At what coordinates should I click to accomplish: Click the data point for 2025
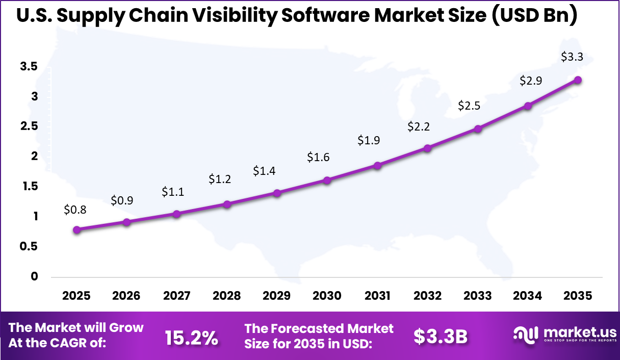pyautogui.click(x=76, y=230)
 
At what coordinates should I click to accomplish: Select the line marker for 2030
pyautogui.click(x=327, y=180)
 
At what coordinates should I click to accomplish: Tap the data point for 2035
pyautogui.click(x=578, y=80)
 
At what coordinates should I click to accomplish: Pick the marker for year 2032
pyautogui.click(x=427, y=148)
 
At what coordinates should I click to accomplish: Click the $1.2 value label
pyautogui.click(x=220, y=179)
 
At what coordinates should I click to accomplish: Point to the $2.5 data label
pyautogui.click(x=469, y=106)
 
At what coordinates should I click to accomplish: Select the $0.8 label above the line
pyautogui.click(x=75, y=209)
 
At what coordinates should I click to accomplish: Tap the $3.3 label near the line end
pyautogui.click(x=572, y=57)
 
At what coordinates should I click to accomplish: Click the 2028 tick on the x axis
pyautogui.click(x=227, y=296)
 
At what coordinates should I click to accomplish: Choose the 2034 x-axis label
pyautogui.click(x=528, y=296)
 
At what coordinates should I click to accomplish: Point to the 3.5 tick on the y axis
pyautogui.click(x=29, y=66)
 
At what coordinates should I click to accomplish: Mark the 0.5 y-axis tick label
pyautogui.click(x=29, y=246)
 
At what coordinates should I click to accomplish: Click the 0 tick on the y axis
pyautogui.click(x=34, y=276)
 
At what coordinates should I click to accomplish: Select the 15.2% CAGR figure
pyautogui.click(x=191, y=337)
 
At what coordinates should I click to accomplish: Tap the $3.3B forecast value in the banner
pyautogui.click(x=440, y=336)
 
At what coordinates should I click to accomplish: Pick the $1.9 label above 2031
pyautogui.click(x=369, y=140)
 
